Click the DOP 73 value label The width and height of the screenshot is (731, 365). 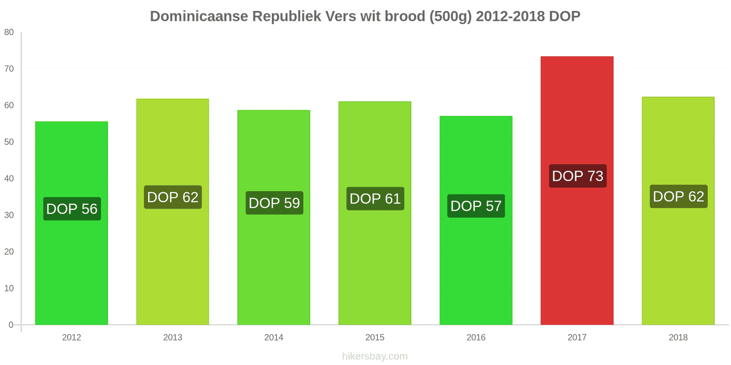pos(577,176)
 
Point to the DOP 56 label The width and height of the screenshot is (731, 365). pos(72,209)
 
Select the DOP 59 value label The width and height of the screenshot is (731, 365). pos(274,203)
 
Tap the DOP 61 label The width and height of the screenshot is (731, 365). pos(375,199)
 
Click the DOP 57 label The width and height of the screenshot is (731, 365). pos(476,206)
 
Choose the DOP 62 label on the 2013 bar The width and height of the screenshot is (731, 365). pos(173,197)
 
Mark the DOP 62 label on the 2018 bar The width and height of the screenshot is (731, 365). pos(678,197)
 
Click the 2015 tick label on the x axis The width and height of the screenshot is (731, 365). pos(375,338)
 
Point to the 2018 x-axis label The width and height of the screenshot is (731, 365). pos(678,338)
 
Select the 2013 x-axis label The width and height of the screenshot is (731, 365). pos(173,338)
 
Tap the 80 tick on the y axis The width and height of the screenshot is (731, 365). pos(9,32)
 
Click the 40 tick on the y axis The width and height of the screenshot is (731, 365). pos(9,178)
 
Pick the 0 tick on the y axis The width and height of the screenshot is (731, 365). pos(11,325)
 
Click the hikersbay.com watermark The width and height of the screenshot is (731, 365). pos(375,356)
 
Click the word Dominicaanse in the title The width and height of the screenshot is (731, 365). pos(199,16)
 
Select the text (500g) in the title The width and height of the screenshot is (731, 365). pos(450,16)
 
